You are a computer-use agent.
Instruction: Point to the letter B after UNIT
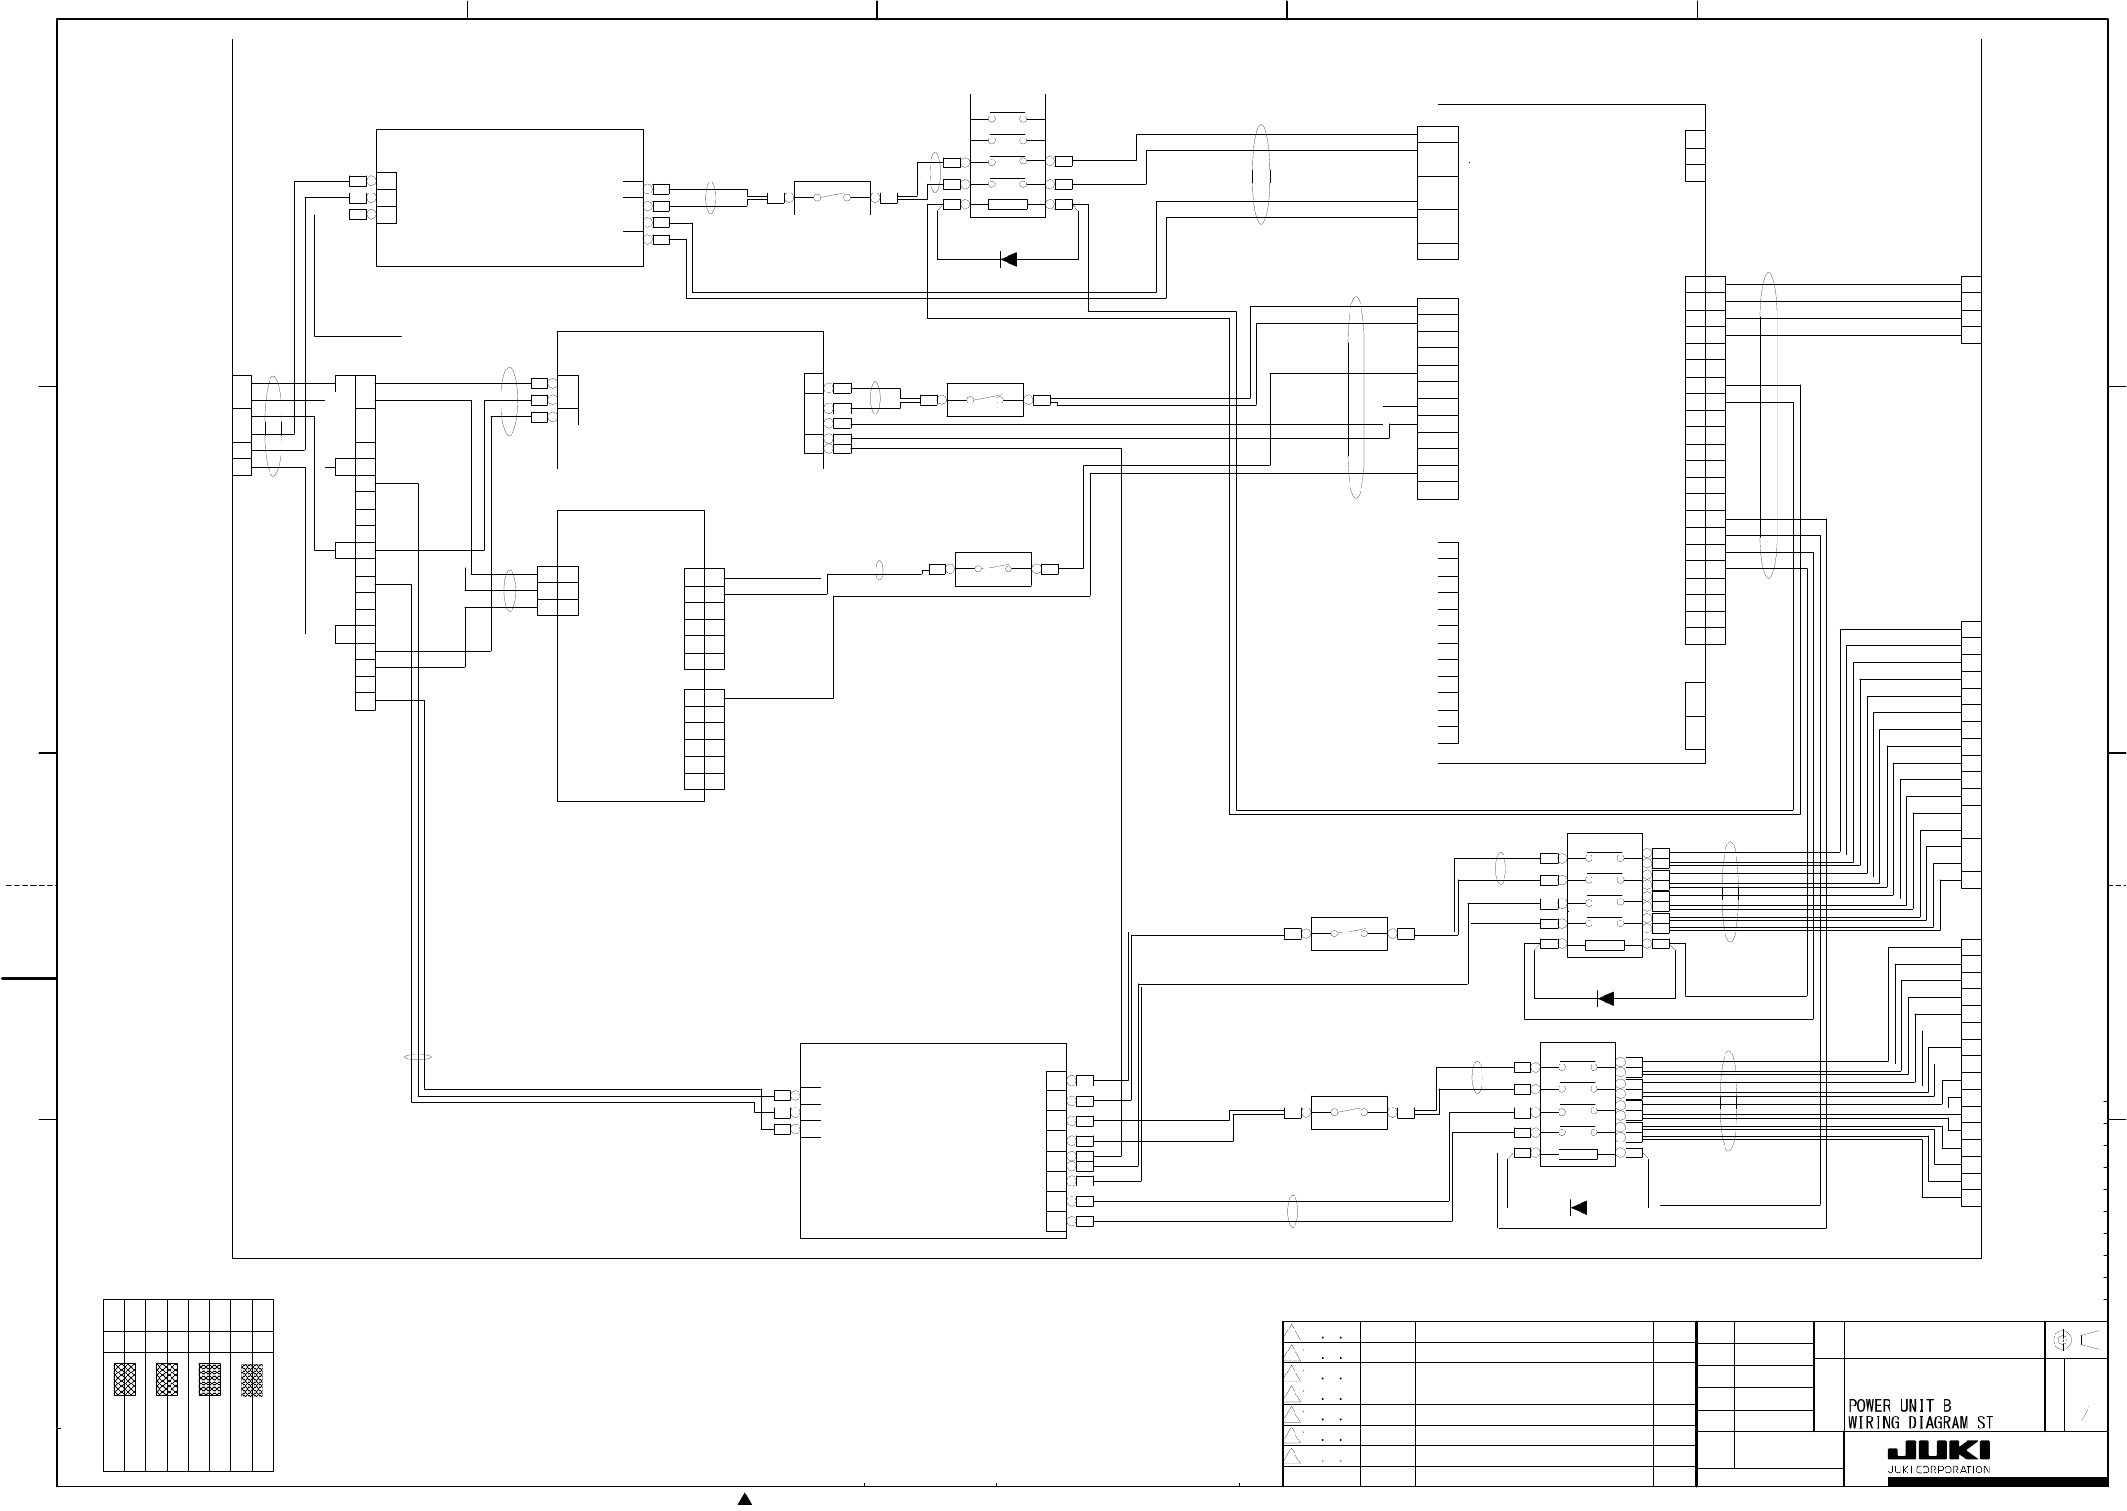[1946, 1406]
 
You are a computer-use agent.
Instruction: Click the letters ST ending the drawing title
[1985, 1423]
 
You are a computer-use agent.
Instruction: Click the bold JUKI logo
[1938, 1452]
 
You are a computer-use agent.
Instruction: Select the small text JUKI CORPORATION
[1938, 1470]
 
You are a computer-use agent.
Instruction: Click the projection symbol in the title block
[2077, 1340]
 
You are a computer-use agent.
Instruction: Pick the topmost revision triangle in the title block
[1293, 1332]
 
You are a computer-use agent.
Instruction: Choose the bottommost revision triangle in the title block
[1293, 1456]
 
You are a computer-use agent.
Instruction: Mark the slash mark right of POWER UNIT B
[2085, 1414]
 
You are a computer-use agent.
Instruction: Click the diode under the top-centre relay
[1008, 259]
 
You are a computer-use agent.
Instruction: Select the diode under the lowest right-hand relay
[1578, 1208]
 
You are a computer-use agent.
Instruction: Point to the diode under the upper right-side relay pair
[1604, 998]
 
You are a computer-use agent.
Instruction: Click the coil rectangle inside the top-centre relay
[1007, 204]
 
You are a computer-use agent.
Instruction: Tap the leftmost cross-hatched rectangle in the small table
[124, 1380]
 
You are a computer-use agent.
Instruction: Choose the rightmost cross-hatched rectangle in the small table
[252, 1380]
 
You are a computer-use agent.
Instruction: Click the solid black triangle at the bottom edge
[744, 1498]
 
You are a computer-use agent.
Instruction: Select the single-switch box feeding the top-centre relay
[832, 197]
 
